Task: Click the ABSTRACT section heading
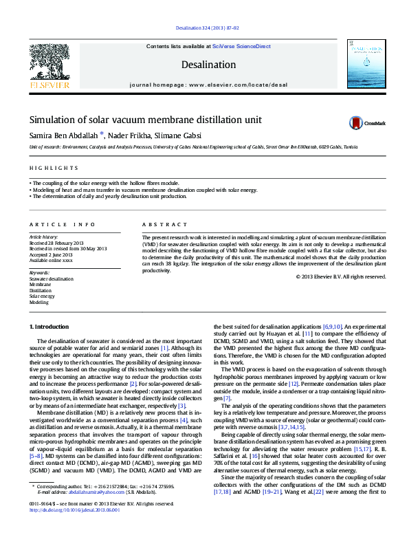164,225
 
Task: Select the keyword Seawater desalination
51,279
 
